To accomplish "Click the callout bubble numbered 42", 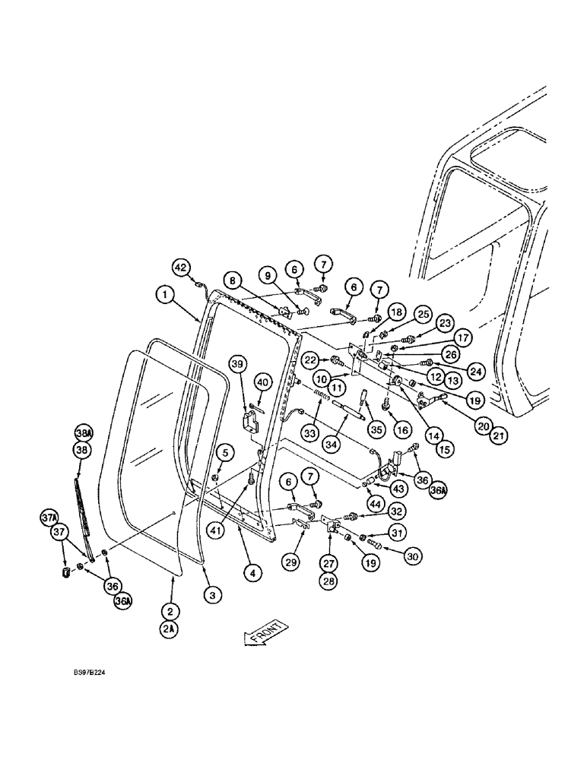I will click(181, 268).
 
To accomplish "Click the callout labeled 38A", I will click(83, 432).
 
